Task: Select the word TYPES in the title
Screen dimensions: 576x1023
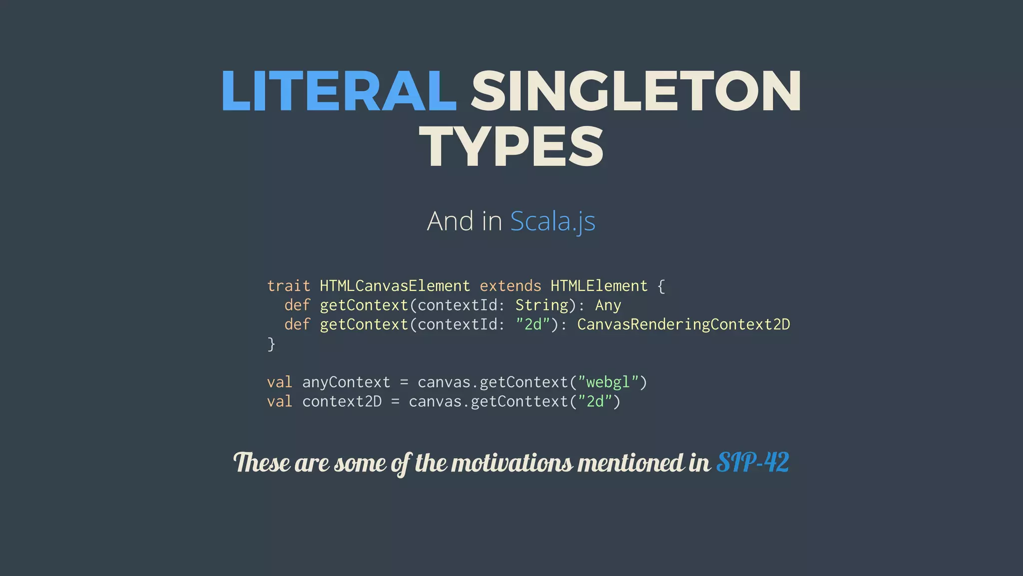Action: (511, 147)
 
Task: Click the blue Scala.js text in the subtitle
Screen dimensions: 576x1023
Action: (552, 221)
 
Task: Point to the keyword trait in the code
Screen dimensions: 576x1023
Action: (288, 286)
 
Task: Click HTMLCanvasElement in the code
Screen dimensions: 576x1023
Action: (395, 286)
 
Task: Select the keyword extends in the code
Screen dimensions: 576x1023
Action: (510, 286)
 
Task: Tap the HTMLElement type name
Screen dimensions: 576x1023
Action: (598, 286)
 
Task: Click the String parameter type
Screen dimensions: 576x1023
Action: (541, 305)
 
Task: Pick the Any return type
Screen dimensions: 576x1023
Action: (608, 305)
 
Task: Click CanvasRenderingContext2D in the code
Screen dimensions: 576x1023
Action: (683, 324)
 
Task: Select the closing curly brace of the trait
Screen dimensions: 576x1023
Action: (271, 344)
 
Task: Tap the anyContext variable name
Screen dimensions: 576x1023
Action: (346, 382)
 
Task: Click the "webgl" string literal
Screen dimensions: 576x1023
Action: (608, 382)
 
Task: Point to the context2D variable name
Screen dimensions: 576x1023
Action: (342, 401)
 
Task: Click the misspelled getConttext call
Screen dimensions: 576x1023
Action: (519, 401)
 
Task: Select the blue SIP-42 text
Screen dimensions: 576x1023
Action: (752, 462)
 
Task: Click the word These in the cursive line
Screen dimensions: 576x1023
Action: (261, 462)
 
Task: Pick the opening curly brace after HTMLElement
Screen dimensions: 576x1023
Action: (661, 286)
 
